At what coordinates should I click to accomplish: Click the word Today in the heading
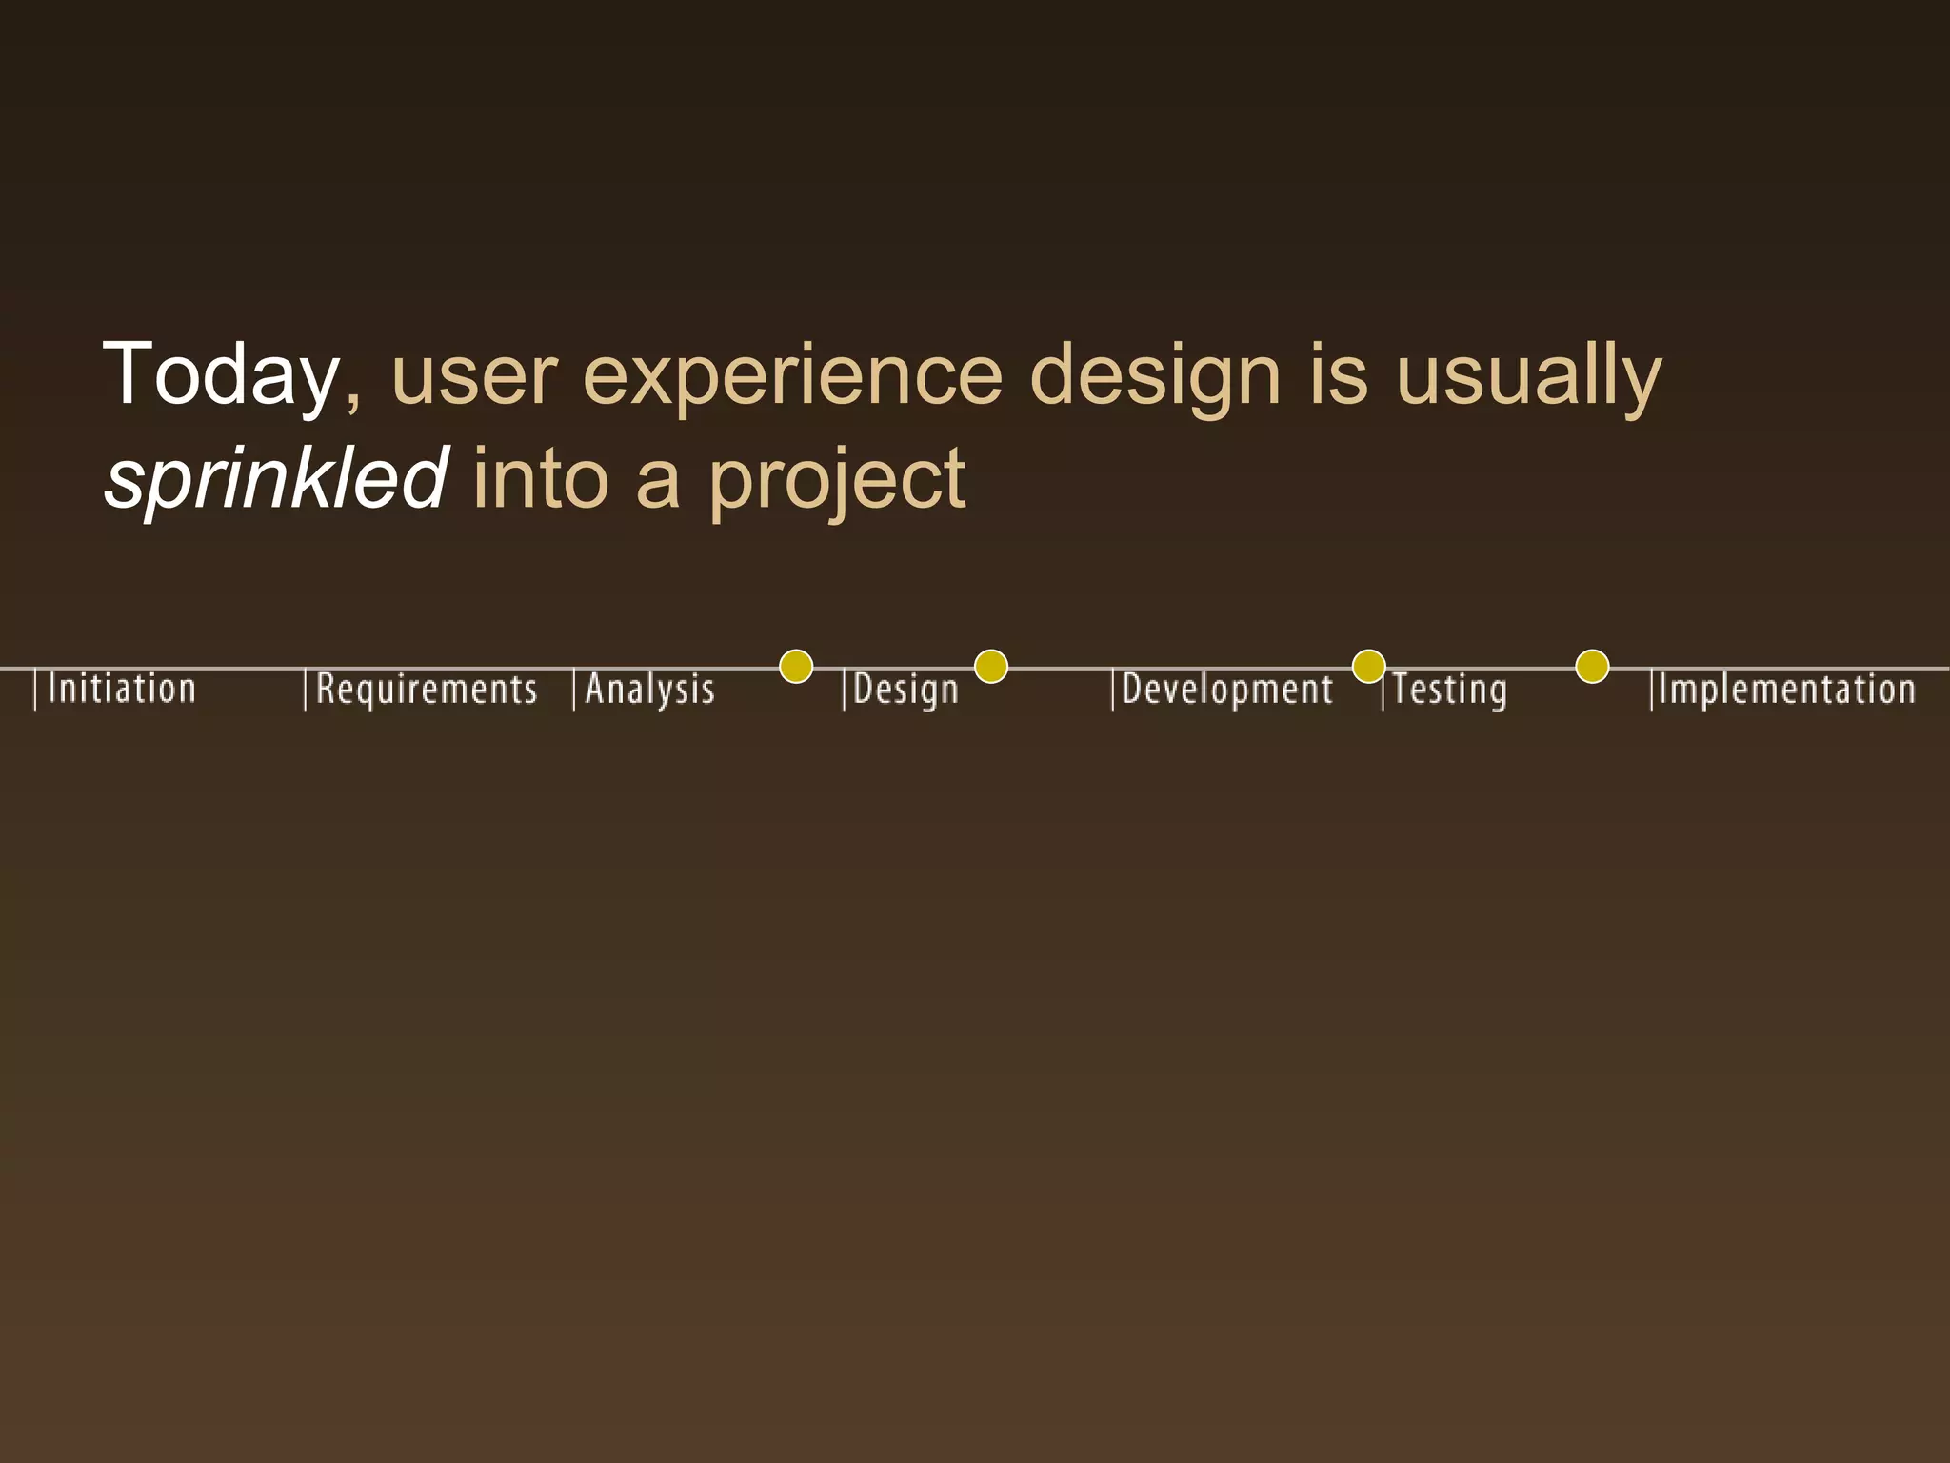[x=221, y=374]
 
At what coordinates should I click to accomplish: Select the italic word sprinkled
[x=275, y=477]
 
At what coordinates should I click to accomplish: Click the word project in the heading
[x=837, y=479]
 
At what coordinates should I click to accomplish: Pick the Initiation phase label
[x=121, y=689]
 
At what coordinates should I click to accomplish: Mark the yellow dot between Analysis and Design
[x=796, y=667]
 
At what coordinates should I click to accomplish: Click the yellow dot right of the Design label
[x=991, y=667]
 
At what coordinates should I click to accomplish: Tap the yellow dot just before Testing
[x=1368, y=667]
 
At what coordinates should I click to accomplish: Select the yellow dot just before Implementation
[x=1592, y=667]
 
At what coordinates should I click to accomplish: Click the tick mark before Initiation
[x=35, y=690]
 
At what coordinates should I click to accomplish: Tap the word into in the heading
[x=540, y=477]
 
